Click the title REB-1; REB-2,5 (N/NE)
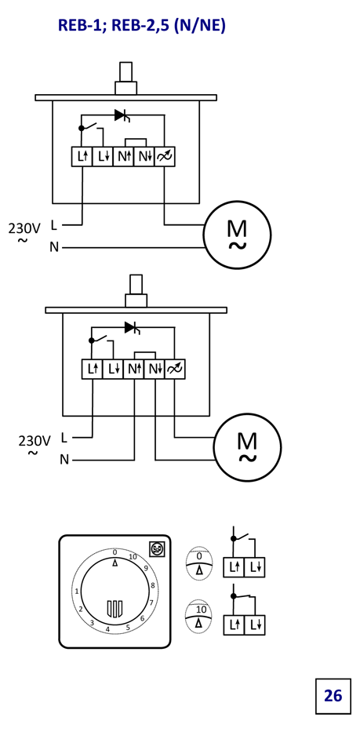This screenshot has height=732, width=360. pos(141,25)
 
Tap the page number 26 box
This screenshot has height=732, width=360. pos(333,696)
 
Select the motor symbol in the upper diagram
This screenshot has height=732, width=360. pos(237,235)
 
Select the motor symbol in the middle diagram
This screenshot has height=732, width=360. pos(248,446)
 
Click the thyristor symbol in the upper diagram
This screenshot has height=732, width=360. pos(122,115)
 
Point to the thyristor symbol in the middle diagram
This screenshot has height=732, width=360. pos(133,328)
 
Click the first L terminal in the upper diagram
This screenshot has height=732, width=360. pos(82,156)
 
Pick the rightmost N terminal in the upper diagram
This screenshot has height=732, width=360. pos(144,156)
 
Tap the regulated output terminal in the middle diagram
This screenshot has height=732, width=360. pos(176,370)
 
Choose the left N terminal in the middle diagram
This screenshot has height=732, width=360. pos(134,370)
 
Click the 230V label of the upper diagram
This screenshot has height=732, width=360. pos(24,228)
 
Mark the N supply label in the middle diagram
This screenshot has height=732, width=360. pos(64,461)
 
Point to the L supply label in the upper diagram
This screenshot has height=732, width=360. pos(53,225)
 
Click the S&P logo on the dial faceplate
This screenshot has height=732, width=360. pos(155,549)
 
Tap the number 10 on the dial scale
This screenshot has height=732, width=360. pos(133,557)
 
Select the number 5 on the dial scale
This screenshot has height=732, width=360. pos(128,627)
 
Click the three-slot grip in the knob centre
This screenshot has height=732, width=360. pos(115,608)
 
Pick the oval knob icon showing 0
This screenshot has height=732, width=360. pos(199,563)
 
